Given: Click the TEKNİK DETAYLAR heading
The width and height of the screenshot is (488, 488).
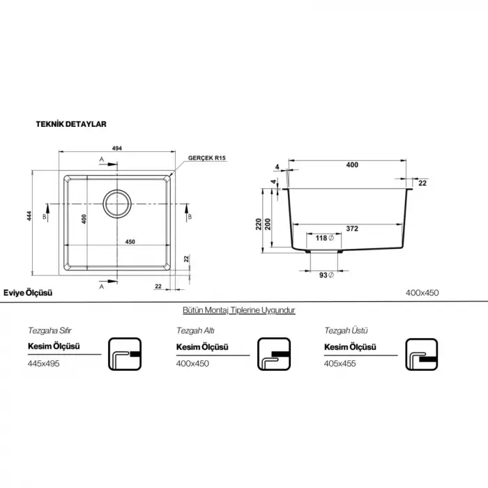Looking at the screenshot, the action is tap(71, 124).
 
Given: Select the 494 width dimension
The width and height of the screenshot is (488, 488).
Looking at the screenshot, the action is tap(117, 148).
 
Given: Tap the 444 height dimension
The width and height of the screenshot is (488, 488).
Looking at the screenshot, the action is tap(29, 216).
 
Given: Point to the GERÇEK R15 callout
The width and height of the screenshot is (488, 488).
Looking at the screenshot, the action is tap(206, 158).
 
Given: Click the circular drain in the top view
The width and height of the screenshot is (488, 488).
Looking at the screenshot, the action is tap(117, 204).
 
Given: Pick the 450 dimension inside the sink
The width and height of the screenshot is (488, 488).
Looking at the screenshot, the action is tap(130, 242).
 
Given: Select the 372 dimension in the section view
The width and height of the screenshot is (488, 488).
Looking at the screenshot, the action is tap(352, 229).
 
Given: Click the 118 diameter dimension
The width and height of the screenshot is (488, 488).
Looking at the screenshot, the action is tap(324, 238).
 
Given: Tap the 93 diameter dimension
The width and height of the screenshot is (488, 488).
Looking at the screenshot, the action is tap(326, 275).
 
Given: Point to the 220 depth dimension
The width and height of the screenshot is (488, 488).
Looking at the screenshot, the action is tap(259, 224).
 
